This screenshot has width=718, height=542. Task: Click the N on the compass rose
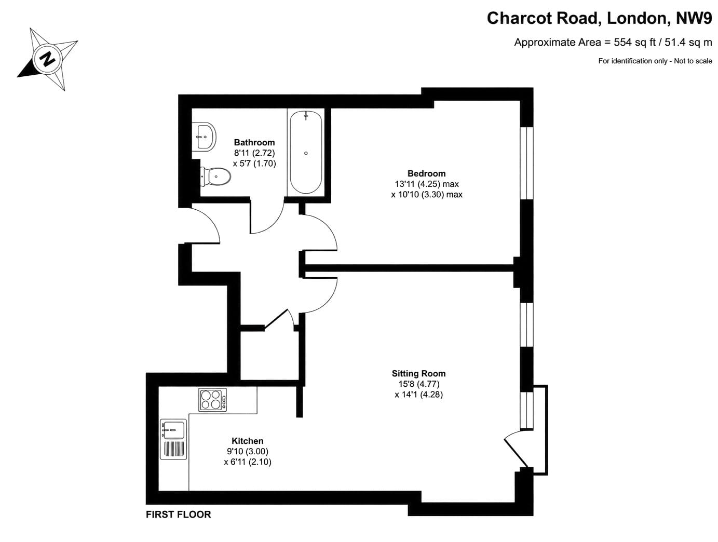pos(48,59)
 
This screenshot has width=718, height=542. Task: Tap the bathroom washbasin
pos(204,136)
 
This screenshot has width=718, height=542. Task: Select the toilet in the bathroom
pos(215,177)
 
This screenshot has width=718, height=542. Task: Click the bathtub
pos(306,153)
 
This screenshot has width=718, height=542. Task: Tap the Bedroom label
pos(426,173)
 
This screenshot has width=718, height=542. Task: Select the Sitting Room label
pos(418,374)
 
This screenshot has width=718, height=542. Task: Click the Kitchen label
pos(247,441)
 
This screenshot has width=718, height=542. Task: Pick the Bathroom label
pos(254,143)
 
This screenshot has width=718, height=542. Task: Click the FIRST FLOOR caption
pos(178,514)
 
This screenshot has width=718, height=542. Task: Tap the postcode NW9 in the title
pos(694,18)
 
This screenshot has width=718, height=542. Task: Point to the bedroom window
pos(526,163)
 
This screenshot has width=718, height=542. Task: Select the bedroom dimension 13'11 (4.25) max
pos(427,184)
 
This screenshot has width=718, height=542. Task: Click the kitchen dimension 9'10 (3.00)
pos(248,451)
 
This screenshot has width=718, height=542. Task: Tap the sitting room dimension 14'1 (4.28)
pos(418,395)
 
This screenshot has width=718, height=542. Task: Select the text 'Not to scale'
pos(693,61)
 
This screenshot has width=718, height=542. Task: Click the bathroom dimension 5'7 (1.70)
pos(254,164)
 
